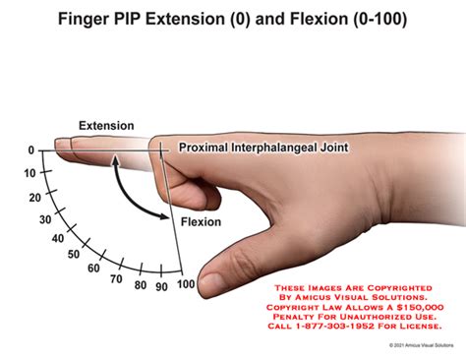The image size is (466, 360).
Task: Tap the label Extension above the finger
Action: click(106, 126)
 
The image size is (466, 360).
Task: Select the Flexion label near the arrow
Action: click(201, 222)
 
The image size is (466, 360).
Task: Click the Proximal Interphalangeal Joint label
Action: click(263, 148)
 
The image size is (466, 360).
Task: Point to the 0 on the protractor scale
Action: click(31, 150)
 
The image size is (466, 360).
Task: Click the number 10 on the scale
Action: click(29, 173)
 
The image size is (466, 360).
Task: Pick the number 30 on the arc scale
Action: click(45, 219)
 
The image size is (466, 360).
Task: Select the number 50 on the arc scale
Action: click(74, 254)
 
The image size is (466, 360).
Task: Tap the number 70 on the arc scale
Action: click(116, 279)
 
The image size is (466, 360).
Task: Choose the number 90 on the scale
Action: click(161, 287)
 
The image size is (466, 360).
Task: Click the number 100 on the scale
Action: click(186, 284)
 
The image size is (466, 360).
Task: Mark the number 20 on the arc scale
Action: click(35, 198)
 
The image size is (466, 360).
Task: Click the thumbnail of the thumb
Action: click(212, 281)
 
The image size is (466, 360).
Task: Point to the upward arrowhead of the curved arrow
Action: click(115, 160)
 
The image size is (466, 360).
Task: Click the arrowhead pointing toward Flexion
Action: click(164, 215)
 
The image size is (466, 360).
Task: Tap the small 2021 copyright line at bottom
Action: click(422, 345)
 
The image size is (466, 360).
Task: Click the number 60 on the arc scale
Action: click(93, 269)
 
